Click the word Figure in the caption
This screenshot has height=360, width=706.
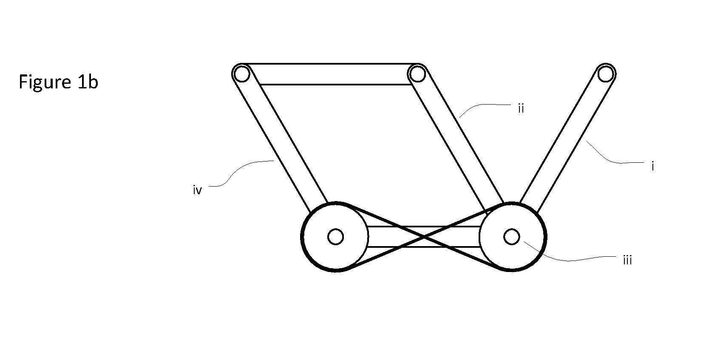(x=45, y=82)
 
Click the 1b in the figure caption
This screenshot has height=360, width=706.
(x=88, y=82)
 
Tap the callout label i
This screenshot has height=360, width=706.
(x=653, y=166)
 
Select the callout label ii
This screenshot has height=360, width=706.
(x=521, y=108)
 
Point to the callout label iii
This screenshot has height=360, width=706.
(x=627, y=260)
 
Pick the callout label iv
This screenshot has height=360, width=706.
(x=197, y=190)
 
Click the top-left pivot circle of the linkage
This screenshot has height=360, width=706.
(x=242, y=74)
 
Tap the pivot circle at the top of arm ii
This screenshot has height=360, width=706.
(x=418, y=74)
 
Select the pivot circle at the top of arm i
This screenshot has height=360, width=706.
(x=605, y=74)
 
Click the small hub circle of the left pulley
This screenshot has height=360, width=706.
(x=336, y=237)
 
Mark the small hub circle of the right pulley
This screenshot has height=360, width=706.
(x=511, y=237)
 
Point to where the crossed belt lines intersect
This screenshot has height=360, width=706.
(x=424, y=237)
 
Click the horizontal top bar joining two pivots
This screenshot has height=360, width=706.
(x=330, y=74)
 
